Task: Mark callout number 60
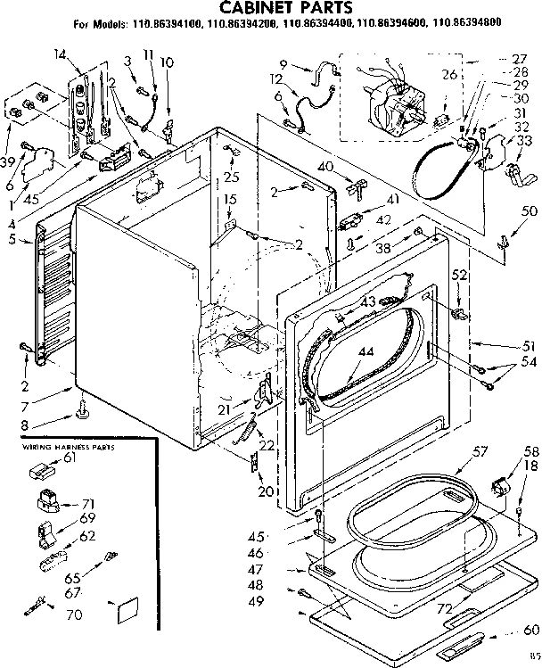click(x=531, y=630)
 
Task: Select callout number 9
click(x=283, y=63)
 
